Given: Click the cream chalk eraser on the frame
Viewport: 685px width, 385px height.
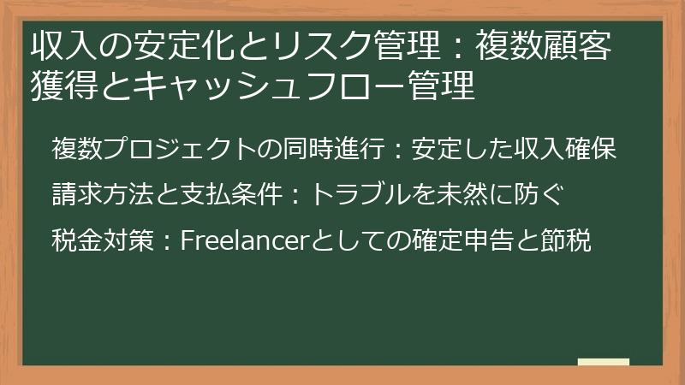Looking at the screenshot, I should [603, 362].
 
